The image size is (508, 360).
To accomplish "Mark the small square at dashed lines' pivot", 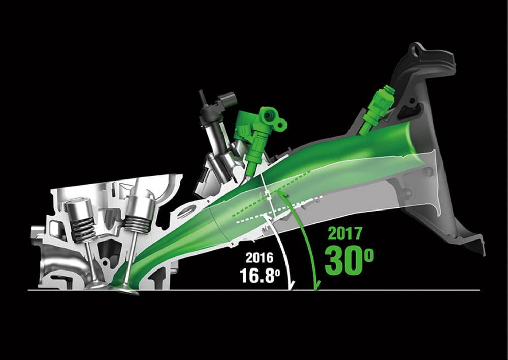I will (x=268, y=194).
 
